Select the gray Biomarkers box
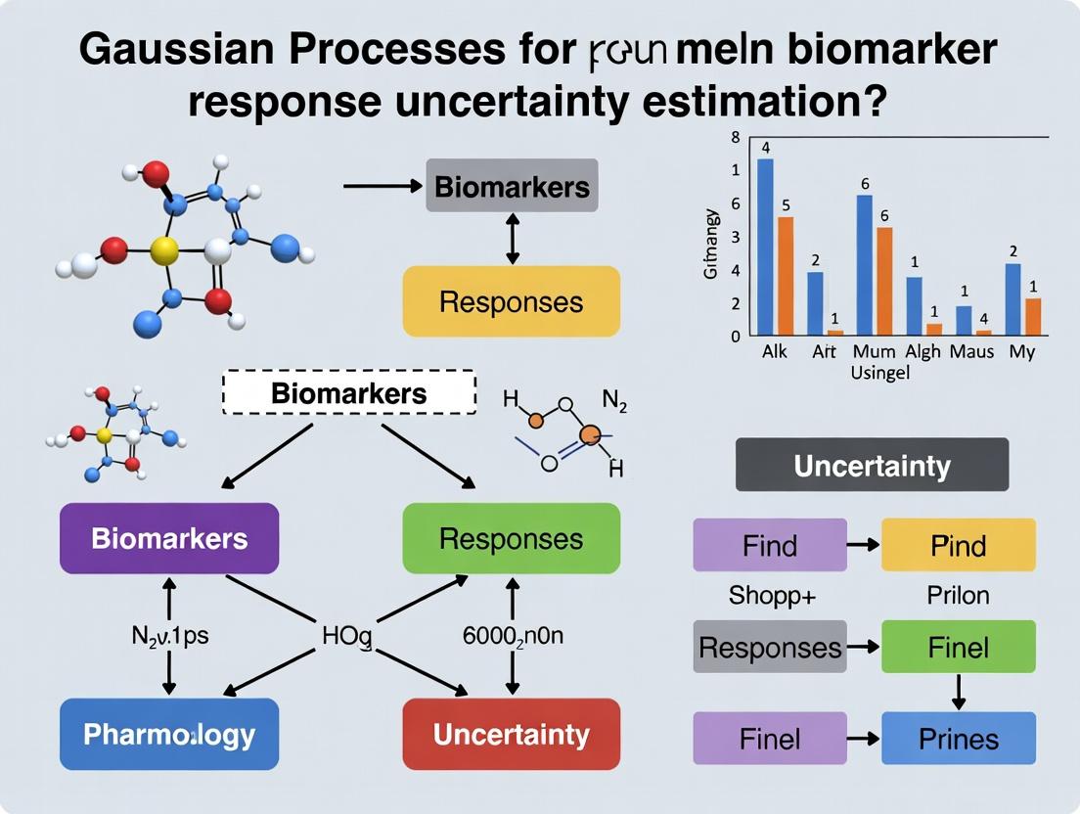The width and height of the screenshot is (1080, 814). coord(512,186)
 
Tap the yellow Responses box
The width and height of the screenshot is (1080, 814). coord(512,301)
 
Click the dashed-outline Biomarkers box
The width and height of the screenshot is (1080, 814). coord(349,393)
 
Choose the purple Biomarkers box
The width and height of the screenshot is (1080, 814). coord(169,538)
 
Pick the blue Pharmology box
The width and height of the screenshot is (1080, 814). coord(169,734)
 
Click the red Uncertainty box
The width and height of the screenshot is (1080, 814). coord(512,734)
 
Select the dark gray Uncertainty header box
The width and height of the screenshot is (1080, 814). coord(872,465)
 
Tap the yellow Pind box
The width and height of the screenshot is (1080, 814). coord(958,545)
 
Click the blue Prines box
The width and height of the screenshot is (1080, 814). coord(958,738)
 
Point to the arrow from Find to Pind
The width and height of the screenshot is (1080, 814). coord(864,545)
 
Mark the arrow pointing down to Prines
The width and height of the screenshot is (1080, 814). coord(959,693)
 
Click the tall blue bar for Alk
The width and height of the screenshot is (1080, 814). coord(765,247)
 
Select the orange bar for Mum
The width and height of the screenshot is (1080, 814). coord(884,282)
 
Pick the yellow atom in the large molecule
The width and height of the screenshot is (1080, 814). coord(165,251)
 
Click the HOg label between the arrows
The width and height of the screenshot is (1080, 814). coord(347,637)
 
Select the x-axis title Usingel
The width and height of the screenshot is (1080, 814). coord(879,373)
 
